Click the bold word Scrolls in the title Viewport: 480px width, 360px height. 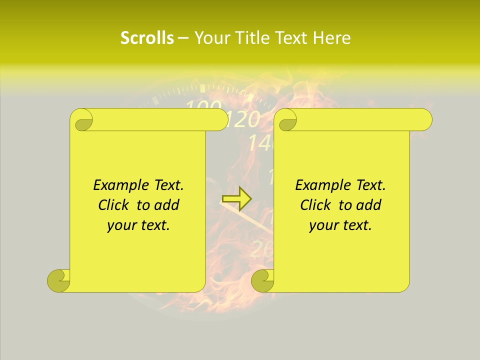tap(147, 38)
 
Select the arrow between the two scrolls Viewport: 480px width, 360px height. tap(236, 199)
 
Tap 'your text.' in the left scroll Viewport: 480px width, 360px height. tap(138, 225)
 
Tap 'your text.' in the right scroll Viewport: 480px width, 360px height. tap(340, 225)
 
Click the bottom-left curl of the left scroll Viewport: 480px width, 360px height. tap(58, 280)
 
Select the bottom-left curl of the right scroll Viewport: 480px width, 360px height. tap(262, 280)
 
